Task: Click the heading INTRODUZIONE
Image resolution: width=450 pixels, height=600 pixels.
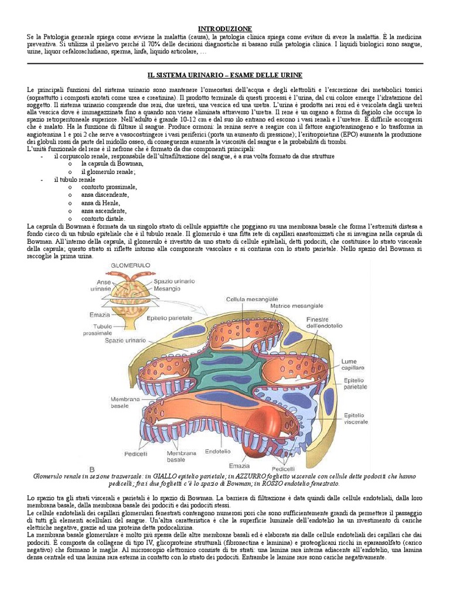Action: pyautogui.click(x=225, y=29)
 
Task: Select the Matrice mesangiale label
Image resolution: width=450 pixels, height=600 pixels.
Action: pyautogui.click(x=296, y=306)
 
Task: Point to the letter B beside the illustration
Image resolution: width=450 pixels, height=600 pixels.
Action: pyautogui.click(x=91, y=469)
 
